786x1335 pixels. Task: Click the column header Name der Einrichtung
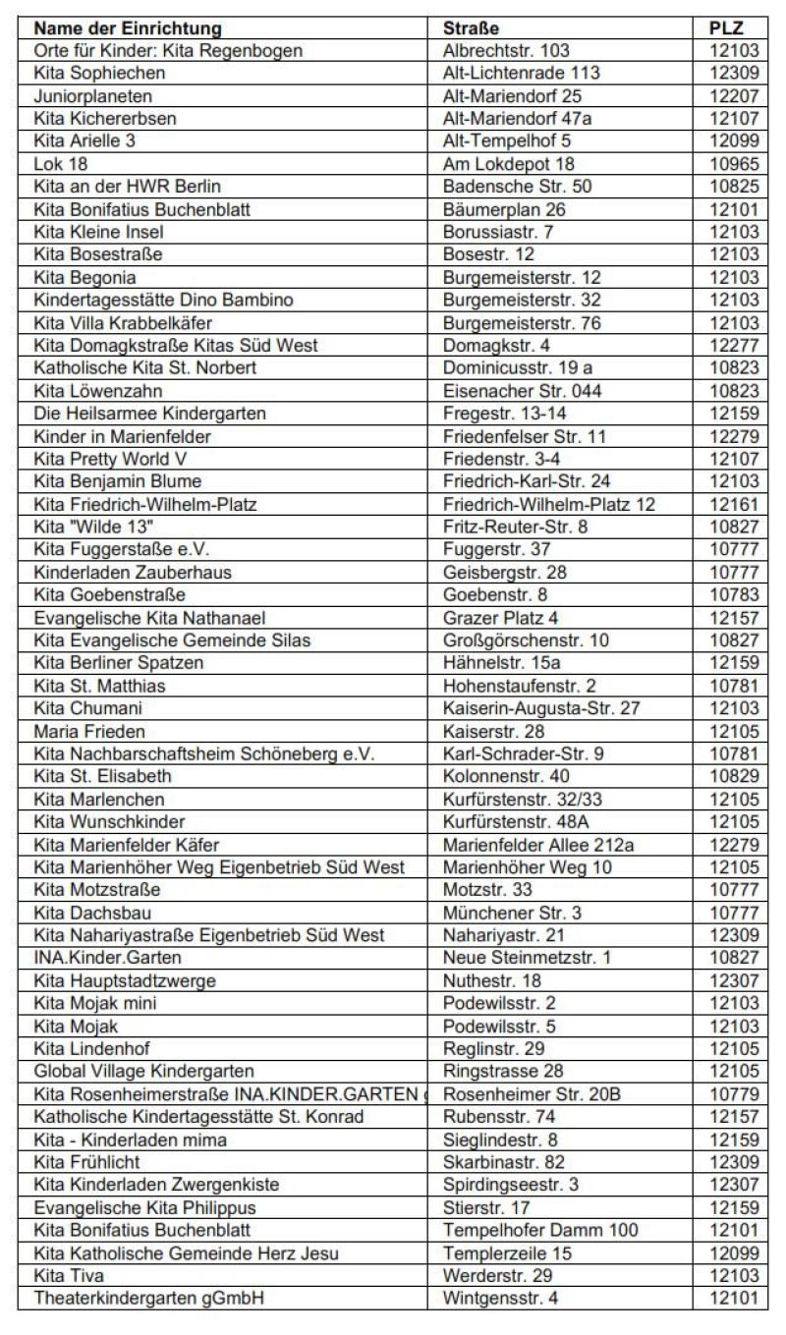(128, 28)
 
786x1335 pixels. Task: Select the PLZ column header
(726, 28)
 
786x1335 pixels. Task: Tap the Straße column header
(472, 28)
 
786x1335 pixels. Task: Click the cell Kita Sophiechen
(99, 73)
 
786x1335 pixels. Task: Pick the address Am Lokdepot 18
(508, 164)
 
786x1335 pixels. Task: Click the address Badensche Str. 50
(517, 187)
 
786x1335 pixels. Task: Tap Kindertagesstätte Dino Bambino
(163, 300)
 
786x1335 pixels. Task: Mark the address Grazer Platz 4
(500, 618)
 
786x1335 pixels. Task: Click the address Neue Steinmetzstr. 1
(527, 958)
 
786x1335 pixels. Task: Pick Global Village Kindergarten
(143, 1071)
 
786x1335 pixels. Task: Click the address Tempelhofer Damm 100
(540, 1230)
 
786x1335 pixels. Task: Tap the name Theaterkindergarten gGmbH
(149, 1298)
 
